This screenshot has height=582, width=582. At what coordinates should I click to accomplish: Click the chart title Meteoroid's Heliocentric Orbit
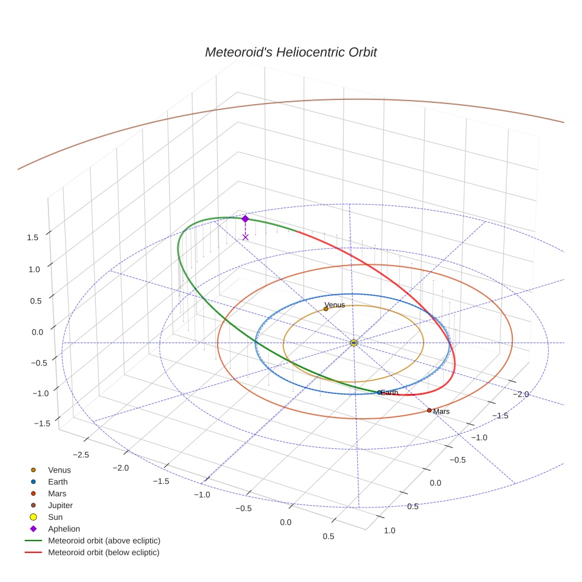tap(290, 52)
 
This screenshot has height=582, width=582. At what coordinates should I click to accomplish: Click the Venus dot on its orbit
tap(325, 309)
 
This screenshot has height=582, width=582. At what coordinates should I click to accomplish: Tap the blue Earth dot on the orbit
tap(379, 392)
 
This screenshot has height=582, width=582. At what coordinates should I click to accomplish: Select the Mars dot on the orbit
tap(429, 410)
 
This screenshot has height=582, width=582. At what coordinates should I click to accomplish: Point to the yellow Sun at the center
tap(354, 342)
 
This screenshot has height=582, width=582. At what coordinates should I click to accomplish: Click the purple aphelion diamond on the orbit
tap(245, 219)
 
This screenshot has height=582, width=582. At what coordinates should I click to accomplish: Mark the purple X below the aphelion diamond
tap(245, 237)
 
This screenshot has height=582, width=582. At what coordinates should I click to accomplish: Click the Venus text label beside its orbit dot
tap(335, 305)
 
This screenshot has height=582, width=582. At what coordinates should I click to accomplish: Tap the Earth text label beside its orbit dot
tap(389, 393)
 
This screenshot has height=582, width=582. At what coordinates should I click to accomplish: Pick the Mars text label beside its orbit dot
tap(441, 411)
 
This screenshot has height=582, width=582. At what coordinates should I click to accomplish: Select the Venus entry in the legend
tap(59, 470)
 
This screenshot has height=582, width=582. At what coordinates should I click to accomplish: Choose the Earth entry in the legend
tap(57, 482)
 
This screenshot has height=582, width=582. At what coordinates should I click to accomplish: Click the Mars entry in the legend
tap(57, 493)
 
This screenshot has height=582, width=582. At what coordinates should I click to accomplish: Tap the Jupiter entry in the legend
tap(60, 505)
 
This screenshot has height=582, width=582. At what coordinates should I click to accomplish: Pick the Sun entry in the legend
tap(55, 517)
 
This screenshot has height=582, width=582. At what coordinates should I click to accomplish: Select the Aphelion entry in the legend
tap(64, 529)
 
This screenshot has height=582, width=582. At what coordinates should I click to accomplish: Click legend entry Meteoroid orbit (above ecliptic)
tap(104, 541)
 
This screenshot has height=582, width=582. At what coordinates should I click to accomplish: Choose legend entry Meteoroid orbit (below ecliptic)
tap(104, 552)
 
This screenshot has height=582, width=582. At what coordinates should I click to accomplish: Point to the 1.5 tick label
tap(33, 237)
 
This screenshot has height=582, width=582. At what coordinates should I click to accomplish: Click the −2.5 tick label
tap(80, 454)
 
